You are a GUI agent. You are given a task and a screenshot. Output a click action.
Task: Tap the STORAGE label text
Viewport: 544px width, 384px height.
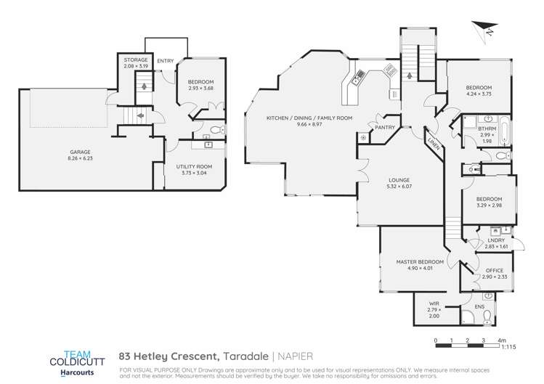(136, 60)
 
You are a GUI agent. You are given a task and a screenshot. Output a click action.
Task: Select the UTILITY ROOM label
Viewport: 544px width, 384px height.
(194, 166)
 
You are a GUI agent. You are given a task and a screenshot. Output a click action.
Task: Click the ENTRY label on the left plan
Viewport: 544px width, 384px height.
(166, 61)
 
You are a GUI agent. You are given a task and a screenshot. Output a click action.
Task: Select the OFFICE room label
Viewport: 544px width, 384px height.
(494, 270)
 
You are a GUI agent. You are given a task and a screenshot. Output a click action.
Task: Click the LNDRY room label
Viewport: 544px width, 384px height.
(496, 239)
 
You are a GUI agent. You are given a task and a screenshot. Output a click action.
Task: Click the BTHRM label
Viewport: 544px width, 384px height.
(487, 128)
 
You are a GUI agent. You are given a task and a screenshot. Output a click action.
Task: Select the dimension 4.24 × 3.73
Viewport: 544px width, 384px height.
(479, 94)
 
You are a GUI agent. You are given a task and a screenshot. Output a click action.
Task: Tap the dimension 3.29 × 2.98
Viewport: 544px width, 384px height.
(490, 205)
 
